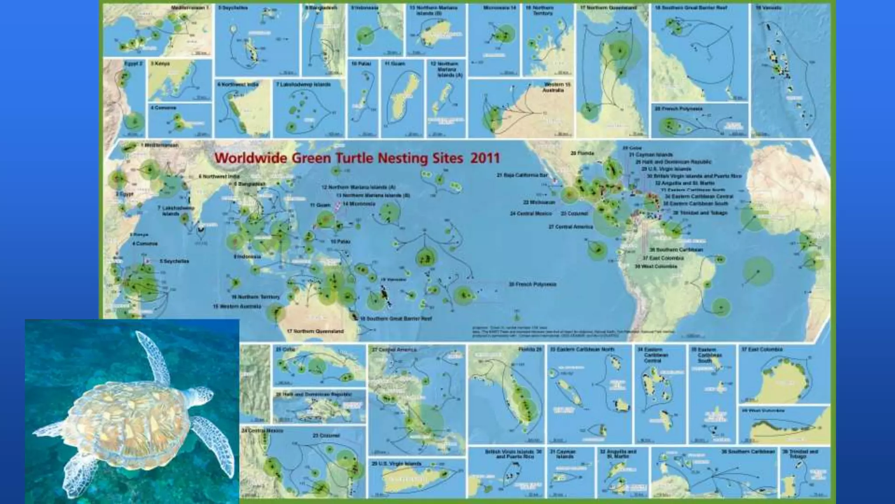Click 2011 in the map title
tap(485, 158)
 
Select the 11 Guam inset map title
tap(395, 64)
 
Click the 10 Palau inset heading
tap(361, 64)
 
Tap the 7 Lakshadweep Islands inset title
tap(303, 84)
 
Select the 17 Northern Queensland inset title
tap(608, 8)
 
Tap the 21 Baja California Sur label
tap(522, 175)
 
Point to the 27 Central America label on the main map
tap(571, 227)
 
